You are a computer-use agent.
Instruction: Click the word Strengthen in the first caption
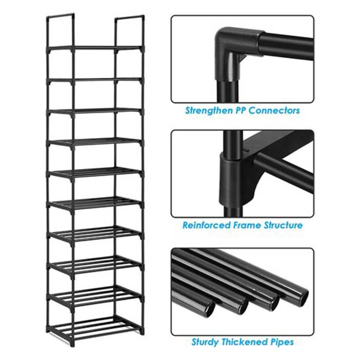[208, 111]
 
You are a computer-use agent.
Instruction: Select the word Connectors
[274, 111]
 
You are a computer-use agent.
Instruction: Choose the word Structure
[283, 225]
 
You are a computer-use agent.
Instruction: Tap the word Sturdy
[205, 342]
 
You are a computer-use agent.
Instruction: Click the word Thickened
[244, 342]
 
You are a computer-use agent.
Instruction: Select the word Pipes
[282, 343]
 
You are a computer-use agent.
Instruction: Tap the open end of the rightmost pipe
[301, 297]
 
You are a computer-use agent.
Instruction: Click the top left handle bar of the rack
[60, 16]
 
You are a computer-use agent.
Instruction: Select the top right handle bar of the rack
[130, 17]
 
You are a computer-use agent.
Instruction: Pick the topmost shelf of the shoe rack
[95, 48]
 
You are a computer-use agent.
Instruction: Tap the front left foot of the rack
[73, 343]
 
